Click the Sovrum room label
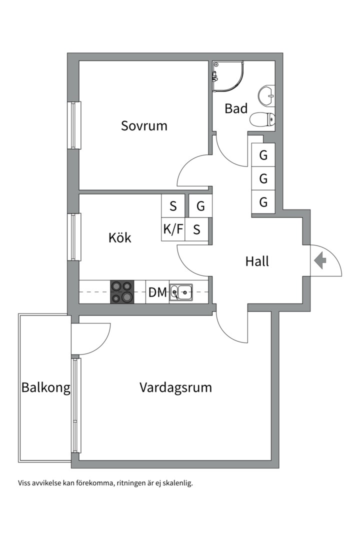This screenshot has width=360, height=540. (x=144, y=125)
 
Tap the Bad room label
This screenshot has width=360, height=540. (x=236, y=108)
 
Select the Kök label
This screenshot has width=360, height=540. (x=120, y=237)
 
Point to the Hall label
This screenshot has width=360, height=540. (x=257, y=261)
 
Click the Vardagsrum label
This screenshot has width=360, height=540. (x=175, y=387)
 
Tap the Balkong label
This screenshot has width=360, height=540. (x=45, y=387)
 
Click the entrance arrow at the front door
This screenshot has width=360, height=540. (x=320, y=260)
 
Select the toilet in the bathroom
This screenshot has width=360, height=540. (x=262, y=119)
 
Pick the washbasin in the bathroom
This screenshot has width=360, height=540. (x=266, y=94)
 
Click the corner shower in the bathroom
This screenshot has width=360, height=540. (x=226, y=76)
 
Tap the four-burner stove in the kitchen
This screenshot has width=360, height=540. (x=122, y=291)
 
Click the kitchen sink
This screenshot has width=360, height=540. (x=181, y=291)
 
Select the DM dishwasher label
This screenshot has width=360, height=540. (x=157, y=292)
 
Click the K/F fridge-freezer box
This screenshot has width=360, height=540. (x=172, y=229)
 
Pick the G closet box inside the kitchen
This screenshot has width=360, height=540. (x=200, y=205)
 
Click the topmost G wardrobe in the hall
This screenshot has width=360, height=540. (x=263, y=155)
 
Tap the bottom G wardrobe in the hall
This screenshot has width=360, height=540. (x=263, y=202)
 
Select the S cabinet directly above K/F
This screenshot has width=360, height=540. (x=173, y=205)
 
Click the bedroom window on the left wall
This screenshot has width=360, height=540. (x=74, y=125)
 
